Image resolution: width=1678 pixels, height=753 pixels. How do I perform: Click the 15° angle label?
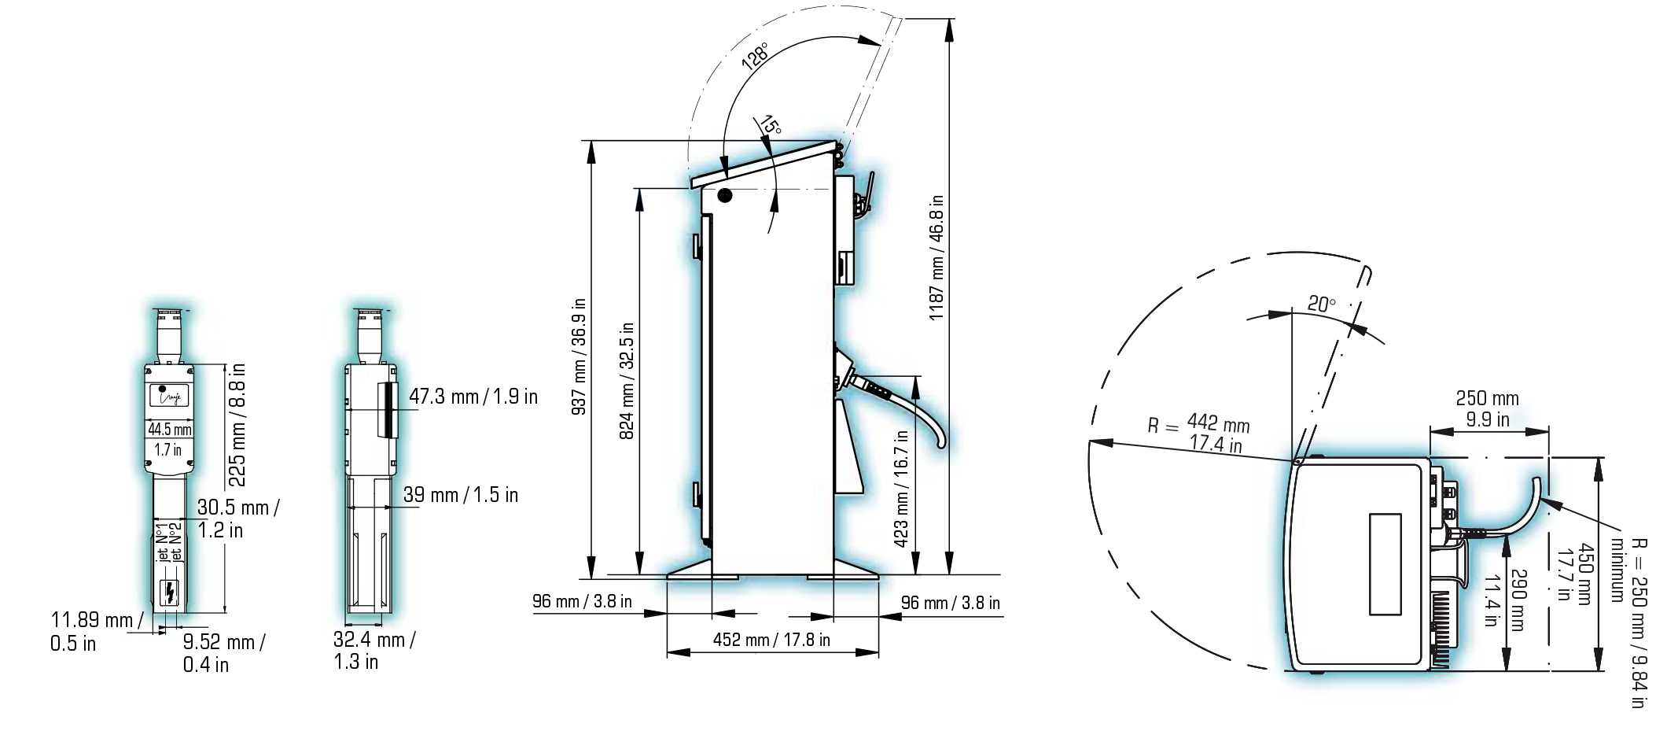coord(770,125)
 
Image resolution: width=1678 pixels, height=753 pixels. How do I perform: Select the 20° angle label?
coord(1322,304)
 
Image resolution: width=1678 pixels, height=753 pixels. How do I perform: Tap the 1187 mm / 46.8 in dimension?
coord(937,257)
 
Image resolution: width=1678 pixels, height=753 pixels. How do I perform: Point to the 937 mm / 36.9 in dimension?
coord(579,356)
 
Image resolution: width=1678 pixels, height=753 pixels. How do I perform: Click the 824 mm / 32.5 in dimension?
coord(627,381)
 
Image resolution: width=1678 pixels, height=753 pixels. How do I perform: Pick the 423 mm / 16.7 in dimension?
coord(902,488)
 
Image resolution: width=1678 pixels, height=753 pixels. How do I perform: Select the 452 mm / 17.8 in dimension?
coord(771,640)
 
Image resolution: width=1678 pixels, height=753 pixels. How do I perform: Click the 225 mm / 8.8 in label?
coord(237,425)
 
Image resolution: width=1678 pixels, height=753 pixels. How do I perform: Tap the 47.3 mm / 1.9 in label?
coord(473,397)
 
